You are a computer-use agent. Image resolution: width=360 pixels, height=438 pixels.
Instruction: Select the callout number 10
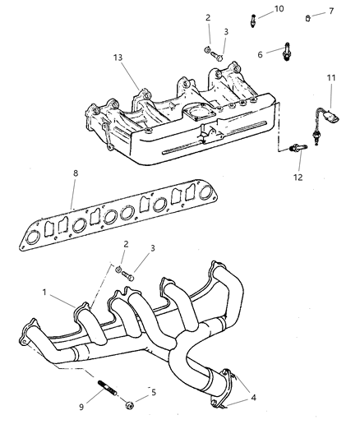coord(278,8)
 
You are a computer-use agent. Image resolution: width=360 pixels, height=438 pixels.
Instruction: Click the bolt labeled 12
coord(297,148)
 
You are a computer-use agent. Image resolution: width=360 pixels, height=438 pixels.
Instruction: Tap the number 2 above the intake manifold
coord(207,17)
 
